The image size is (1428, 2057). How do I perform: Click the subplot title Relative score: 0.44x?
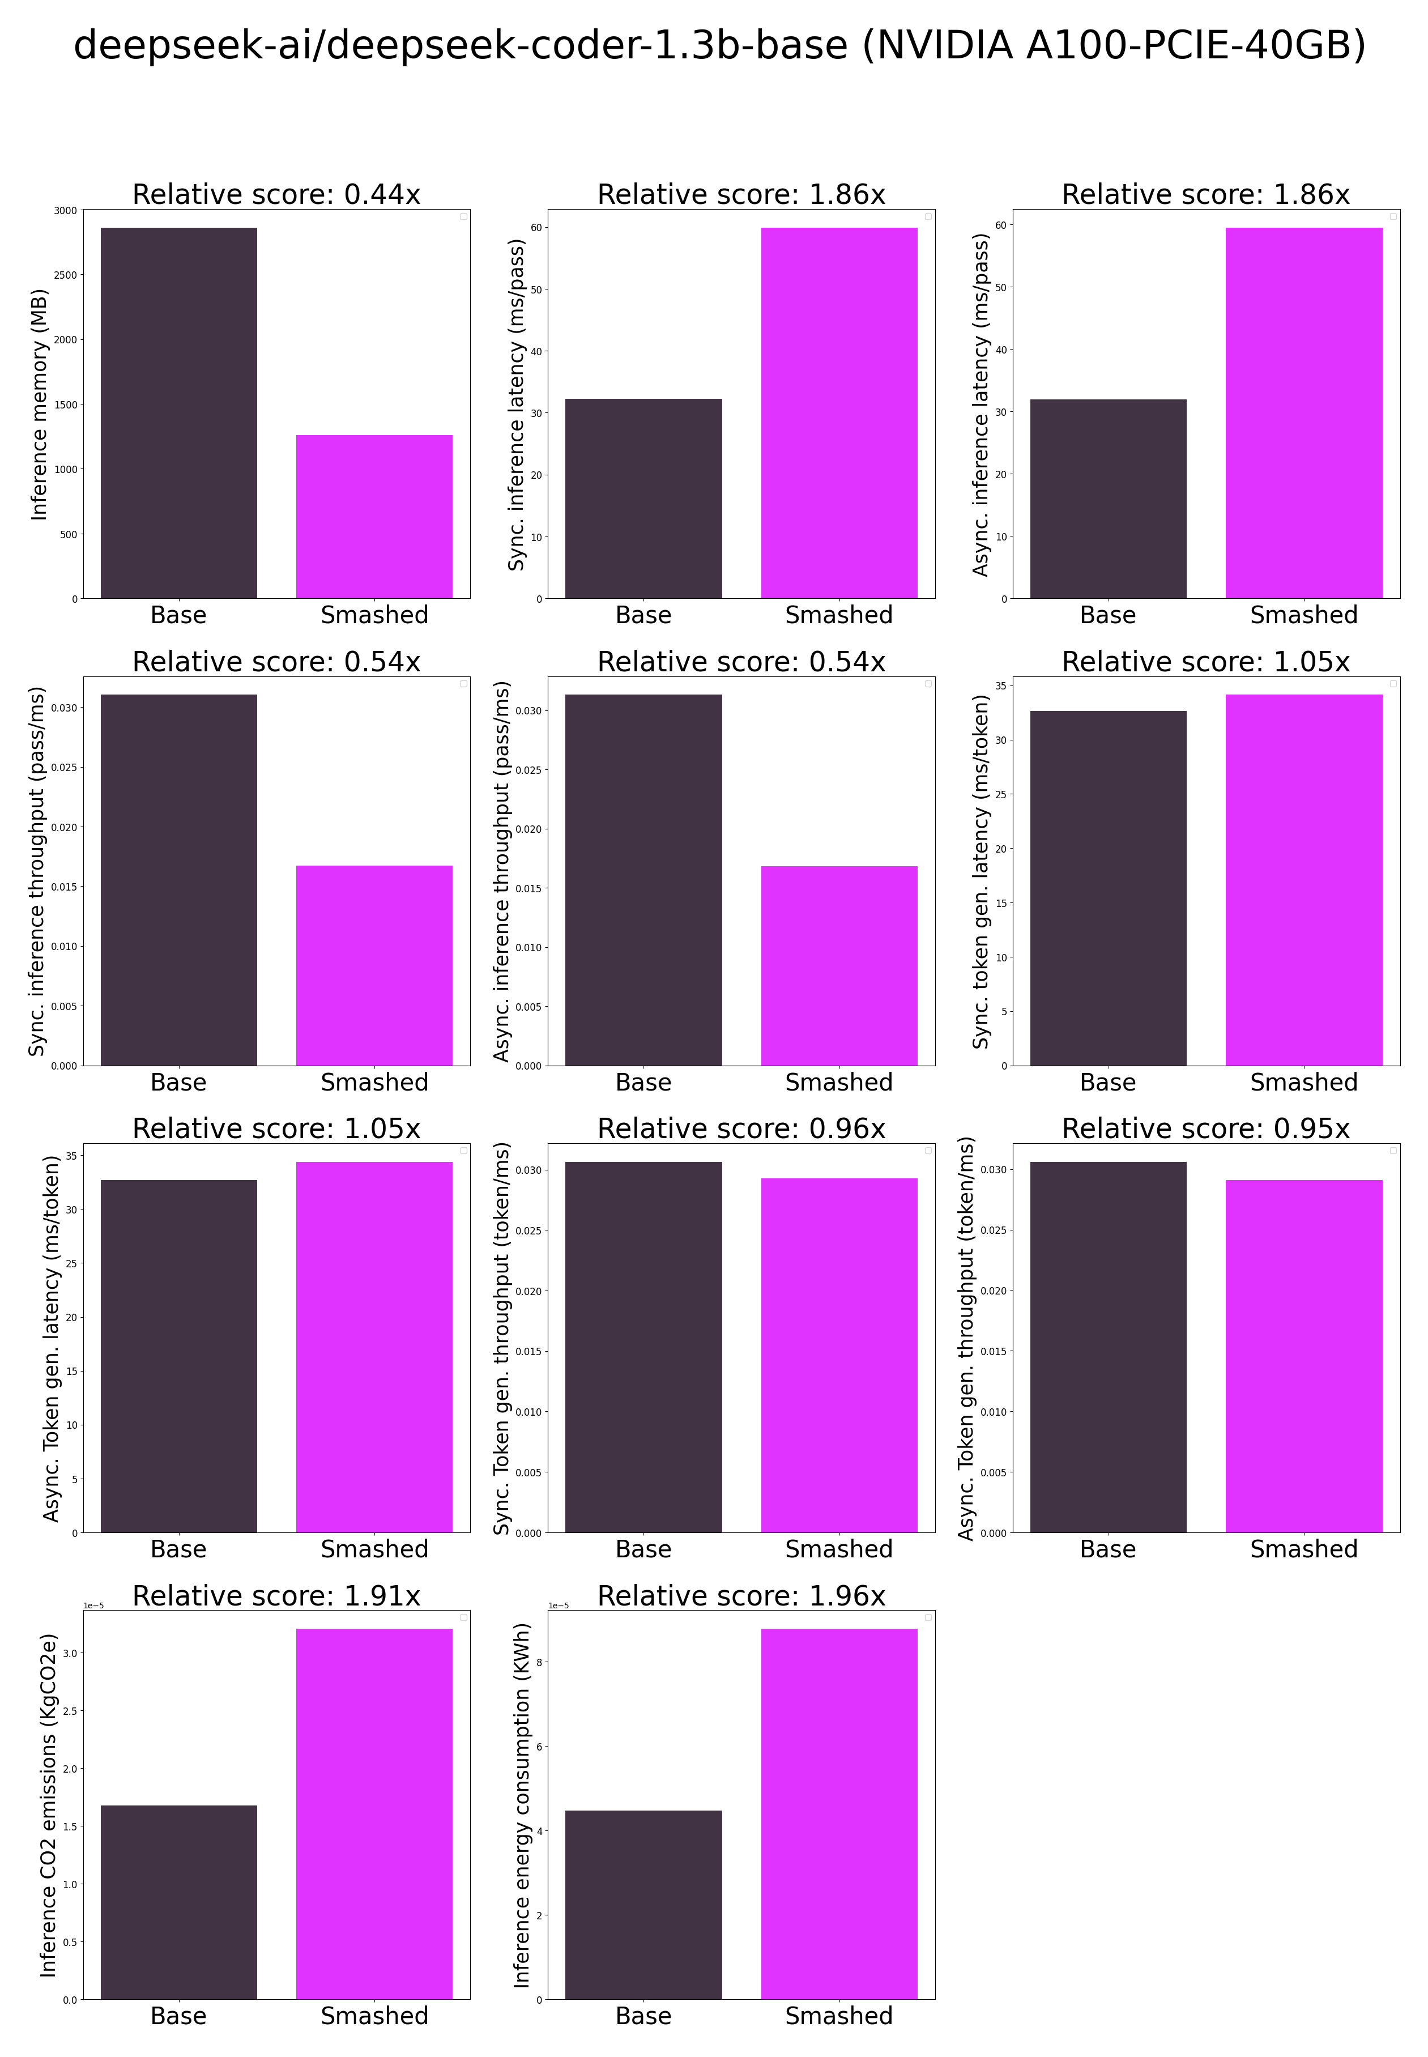tap(276, 194)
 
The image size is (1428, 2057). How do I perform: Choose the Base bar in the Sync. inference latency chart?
tap(643, 499)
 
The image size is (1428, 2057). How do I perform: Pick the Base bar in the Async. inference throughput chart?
tap(643, 880)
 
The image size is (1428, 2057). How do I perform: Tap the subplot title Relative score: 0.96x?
tap(741, 1128)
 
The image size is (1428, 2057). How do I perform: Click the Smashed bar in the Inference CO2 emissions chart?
tap(374, 1813)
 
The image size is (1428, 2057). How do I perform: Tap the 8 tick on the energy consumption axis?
tap(539, 1662)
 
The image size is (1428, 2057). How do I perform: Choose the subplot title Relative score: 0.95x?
tap(1205, 1128)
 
